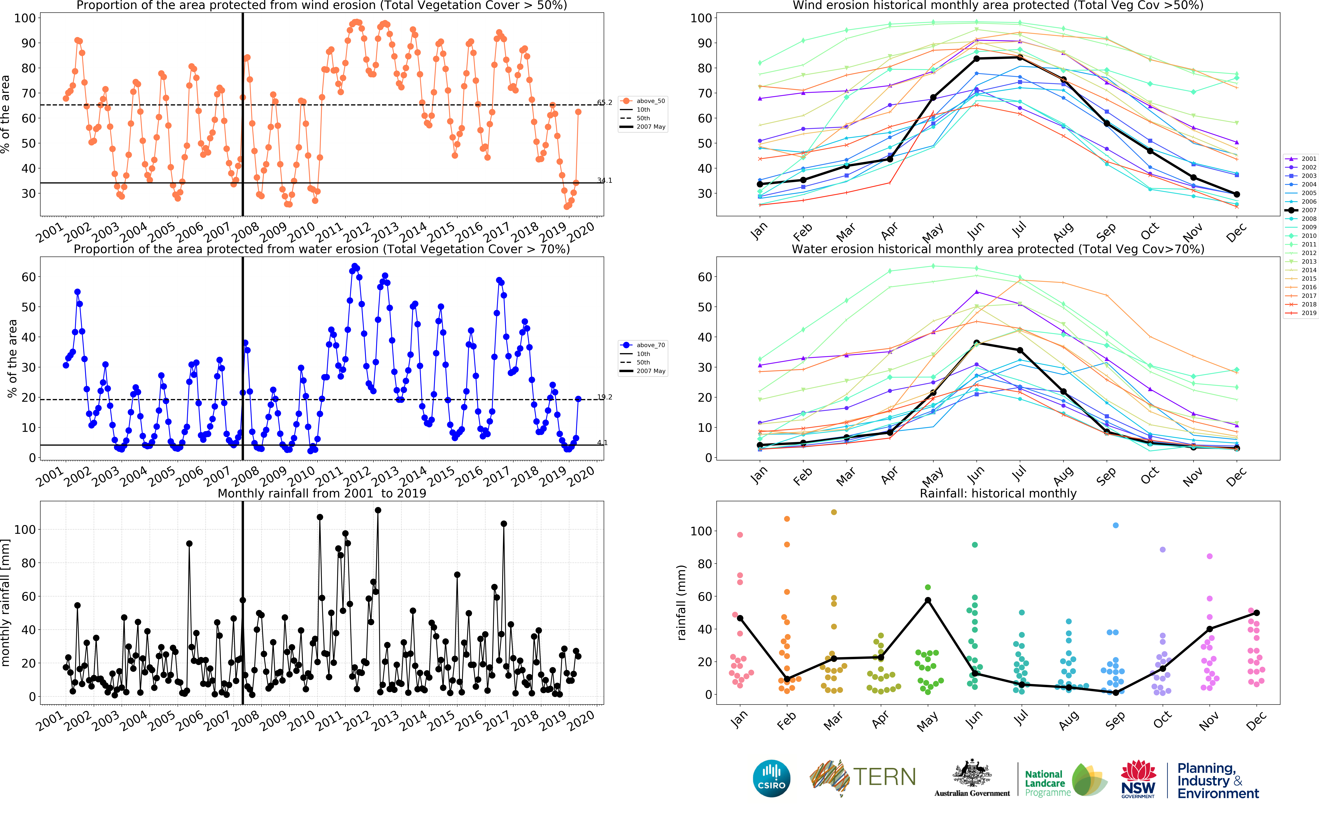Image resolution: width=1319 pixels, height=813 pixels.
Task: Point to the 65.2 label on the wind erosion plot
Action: (x=604, y=102)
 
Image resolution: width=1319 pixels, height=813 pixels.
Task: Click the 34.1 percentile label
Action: (x=604, y=180)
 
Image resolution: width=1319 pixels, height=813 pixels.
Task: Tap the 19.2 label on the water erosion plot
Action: (x=604, y=397)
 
